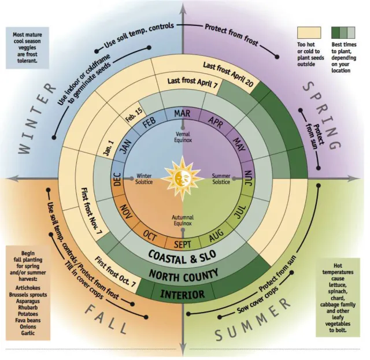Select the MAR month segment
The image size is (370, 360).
[x=182, y=113]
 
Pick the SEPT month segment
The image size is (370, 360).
[x=181, y=243]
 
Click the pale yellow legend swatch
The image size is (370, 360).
[x=309, y=32]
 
